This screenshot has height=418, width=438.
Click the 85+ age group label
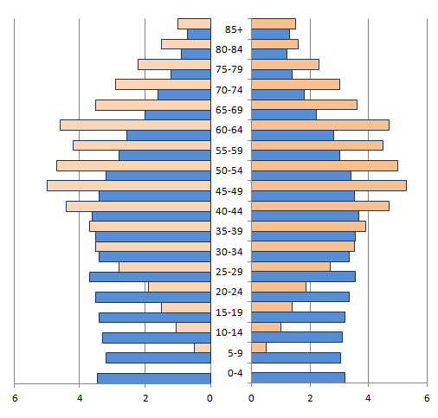tap(234, 29)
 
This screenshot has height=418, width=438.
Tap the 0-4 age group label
tap(235, 373)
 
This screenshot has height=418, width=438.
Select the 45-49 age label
tap(229, 191)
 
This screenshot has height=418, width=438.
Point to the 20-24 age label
tap(229, 292)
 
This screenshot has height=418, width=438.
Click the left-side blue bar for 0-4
tap(154, 378)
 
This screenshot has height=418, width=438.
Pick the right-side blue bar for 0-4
tap(298, 377)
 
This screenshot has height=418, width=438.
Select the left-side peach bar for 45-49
tap(129, 185)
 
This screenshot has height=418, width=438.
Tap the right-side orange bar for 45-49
tap(329, 185)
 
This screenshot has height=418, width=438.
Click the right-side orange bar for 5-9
tap(259, 347)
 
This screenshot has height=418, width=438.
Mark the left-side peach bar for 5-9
tap(203, 348)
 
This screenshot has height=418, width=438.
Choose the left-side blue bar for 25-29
tap(150, 277)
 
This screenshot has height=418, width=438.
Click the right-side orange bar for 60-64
tap(320, 125)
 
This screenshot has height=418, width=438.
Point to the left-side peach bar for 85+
tap(195, 23)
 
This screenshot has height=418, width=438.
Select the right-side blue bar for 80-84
tap(269, 54)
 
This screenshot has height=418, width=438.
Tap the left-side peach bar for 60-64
tap(136, 125)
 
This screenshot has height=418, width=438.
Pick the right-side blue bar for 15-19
tap(298, 317)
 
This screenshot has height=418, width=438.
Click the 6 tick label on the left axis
tap(15, 398)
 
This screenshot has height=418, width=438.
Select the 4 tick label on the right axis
tap(368, 398)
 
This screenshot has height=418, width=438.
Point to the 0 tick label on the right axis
tap(251, 398)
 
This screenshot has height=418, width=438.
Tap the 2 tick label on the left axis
tap(145, 398)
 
